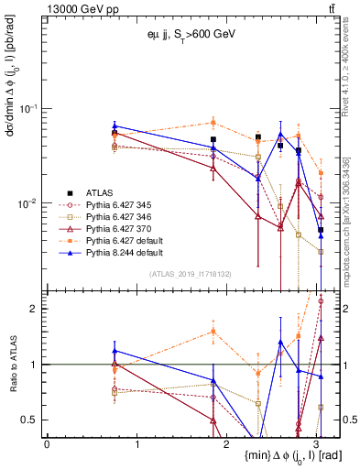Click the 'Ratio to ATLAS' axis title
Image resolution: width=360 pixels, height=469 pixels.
(x=11, y=362)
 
